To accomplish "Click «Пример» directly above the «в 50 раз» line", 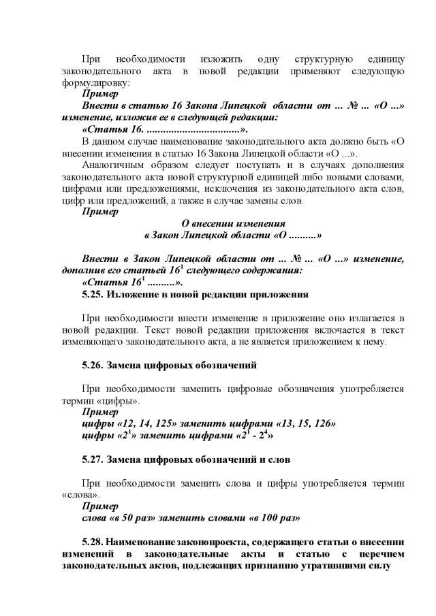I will [x=99, y=506].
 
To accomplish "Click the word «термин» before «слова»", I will [x=388, y=483].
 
